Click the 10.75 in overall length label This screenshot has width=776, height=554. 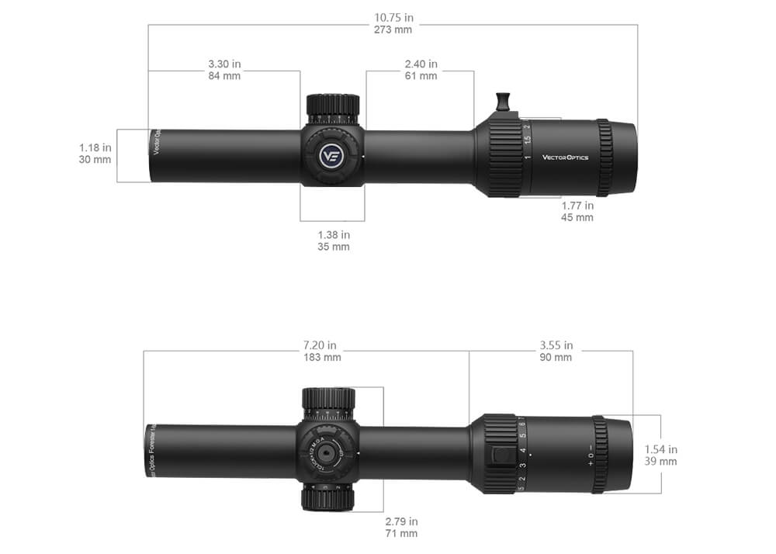(x=393, y=17)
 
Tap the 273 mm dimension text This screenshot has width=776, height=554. (x=393, y=29)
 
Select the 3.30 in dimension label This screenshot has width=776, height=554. (x=224, y=64)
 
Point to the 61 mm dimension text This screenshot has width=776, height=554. (x=421, y=76)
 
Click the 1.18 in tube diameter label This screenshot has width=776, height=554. (x=95, y=147)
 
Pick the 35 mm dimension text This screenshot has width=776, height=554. (x=334, y=247)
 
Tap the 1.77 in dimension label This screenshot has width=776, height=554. (x=577, y=206)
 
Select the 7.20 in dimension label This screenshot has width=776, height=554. (x=320, y=345)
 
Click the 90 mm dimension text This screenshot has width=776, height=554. (x=556, y=358)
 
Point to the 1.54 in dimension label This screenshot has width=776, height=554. (x=661, y=448)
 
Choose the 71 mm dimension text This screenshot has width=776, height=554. (x=401, y=534)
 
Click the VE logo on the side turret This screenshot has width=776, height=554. (x=332, y=155)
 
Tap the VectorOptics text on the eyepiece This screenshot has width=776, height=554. (x=565, y=158)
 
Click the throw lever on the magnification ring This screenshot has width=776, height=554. (x=503, y=102)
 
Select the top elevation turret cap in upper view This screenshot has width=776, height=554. (x=332, y=104)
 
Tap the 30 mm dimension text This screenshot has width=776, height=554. (x=95, y=160)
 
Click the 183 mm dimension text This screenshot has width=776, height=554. (x=320, y=358)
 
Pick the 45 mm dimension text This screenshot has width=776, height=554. (x=577, y=218)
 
